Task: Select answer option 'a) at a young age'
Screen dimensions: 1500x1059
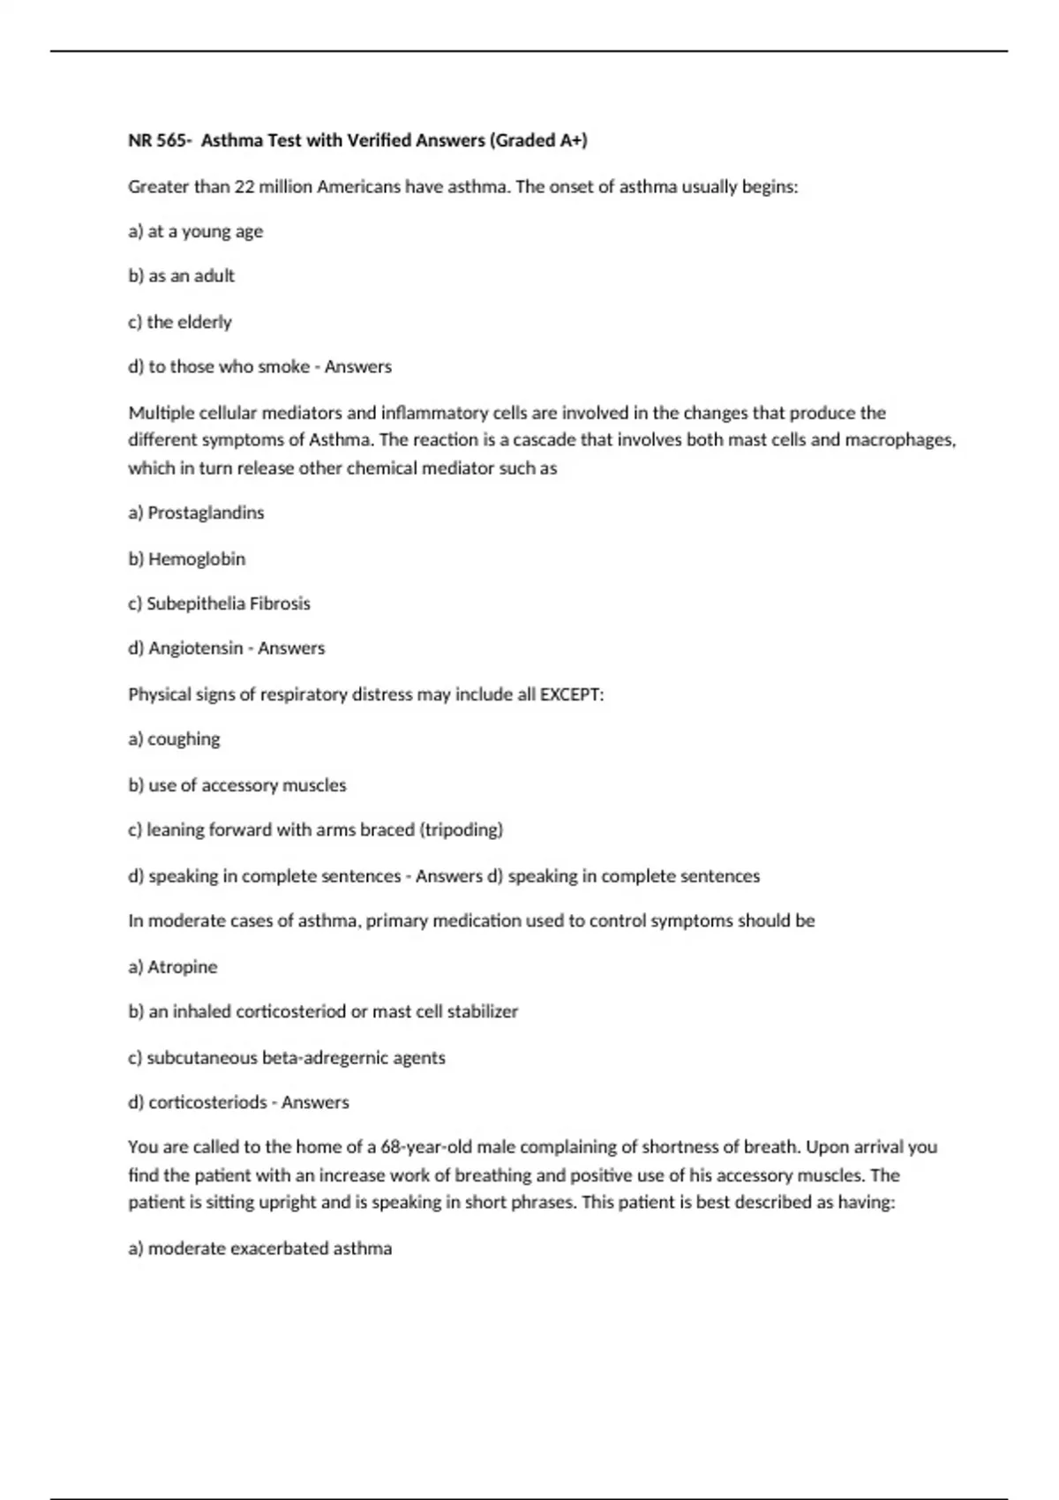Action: [x=195, y=232]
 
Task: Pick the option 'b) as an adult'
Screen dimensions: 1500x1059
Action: [x=181, y=276]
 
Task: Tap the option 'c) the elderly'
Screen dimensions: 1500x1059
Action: [x=180, y=322]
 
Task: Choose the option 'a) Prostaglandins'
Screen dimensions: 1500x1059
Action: [x=196, y=513]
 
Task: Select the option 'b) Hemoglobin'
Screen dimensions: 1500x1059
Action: [x=186, y=559]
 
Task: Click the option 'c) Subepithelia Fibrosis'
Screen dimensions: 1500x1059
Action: [x=219, y=604]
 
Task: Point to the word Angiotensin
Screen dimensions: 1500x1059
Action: [x=195, y=649]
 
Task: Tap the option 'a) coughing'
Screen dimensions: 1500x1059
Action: [x=174, y=739]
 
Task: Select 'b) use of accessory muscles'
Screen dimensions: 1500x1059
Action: [x=237, y=785]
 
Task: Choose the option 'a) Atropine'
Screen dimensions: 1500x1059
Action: [x=172, y=967]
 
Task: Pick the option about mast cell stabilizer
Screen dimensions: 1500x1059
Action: [x=323, y=1012]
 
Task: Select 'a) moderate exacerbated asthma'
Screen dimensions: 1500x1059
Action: [x=259, y=1249]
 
